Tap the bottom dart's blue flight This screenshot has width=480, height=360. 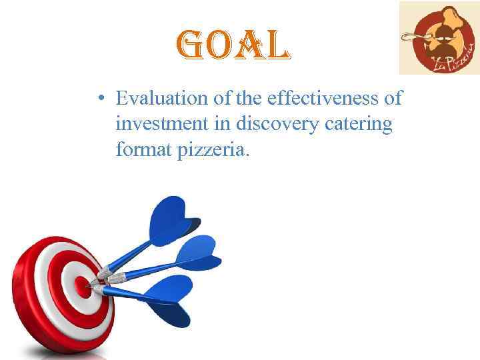click(x=166, y=300)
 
